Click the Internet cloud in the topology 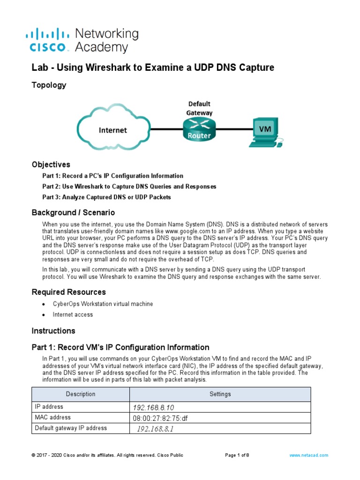pyautogui.click(x=113, y=130)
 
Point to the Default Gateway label pyautogui.click(x=200, y=108)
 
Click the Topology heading pyautogui.click(x=49, y=85)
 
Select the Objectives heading pyautogui.click(x=51, y=165)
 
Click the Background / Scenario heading pyautogui.click(x=73, y=212)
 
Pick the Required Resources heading pyautogui.click(x=68, y=292)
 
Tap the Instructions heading pyautogui.click(x=53, y=331)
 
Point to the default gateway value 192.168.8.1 pyautogui.click(x=155, y=429)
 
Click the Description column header pyautogui.click(x=81, y=394)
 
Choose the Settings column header pyautogui.click(x=220, y=394)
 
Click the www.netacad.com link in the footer pyautogui.click(x=309, y=455)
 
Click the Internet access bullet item pyautogui.click(x=73, y=315)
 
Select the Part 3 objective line pyautogui.click(x=106, y=197)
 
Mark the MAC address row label pyautogui.click(x=53, y=417)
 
